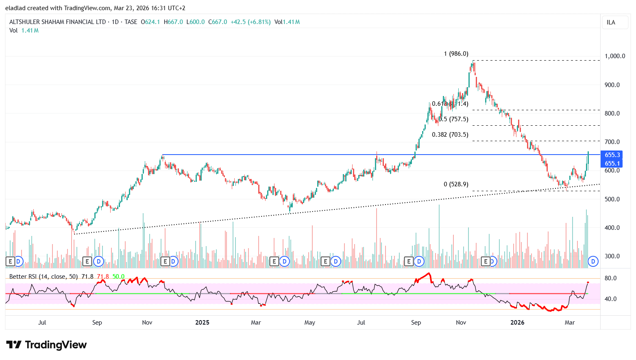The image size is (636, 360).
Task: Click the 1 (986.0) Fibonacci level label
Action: [456, 54]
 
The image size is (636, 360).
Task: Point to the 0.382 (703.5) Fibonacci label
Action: [450, 135]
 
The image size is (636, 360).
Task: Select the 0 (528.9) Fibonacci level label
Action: [456, 184]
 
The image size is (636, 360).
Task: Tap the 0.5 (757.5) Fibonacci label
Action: [453, 119]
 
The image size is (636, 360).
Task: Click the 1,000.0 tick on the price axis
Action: [614, 56]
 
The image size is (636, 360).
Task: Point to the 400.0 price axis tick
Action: [612, 228]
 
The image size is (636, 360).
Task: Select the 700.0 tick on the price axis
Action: [612, 142]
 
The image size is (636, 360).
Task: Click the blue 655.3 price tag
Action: [612, 155]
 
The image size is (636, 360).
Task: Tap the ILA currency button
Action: [611, 22]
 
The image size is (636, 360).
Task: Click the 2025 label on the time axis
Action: [202, 323]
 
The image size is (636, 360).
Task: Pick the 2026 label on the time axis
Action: [517, 323]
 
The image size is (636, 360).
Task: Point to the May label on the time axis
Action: [309, 323]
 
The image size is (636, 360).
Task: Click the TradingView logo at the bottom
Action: [46, 345]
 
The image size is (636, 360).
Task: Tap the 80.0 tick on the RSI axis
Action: [610, 278]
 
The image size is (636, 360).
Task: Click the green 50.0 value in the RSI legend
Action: [118, 277]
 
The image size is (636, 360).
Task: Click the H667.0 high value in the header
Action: [173, 22]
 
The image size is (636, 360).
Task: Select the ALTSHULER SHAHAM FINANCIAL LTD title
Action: [57, 22]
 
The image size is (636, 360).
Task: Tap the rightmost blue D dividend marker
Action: [593, 261]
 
